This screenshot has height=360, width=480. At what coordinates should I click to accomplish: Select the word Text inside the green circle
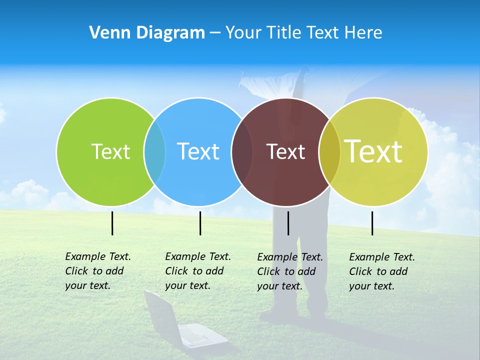pyautogui.click(x=110, y=151)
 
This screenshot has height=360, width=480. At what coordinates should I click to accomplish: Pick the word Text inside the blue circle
pyautogui.click(x=198, y=151)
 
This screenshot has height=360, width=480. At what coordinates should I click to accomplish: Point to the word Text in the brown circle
pyautogui.click(x=285, y=151)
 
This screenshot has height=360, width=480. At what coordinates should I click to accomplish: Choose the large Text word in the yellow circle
pyautogui.click(x=373, y=151)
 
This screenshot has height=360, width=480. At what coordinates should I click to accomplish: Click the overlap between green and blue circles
pyautogui.click(x=154, y=151)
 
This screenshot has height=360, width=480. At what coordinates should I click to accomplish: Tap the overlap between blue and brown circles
pyautogui.click(x=242, y=151)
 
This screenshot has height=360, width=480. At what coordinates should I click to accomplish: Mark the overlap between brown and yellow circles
pyautogui.click(x=329, y=151)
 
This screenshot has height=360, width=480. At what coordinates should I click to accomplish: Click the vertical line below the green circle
pyautogui.click(x=112, y=223)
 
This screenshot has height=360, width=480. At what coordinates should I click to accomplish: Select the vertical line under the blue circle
pyautogui.click(x=200, y=223)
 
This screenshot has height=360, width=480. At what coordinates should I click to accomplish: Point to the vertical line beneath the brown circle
pyautogui.click(x=288, y=223)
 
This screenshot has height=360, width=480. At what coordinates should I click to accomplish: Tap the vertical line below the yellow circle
pyautogui.click(x=372, y=223)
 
